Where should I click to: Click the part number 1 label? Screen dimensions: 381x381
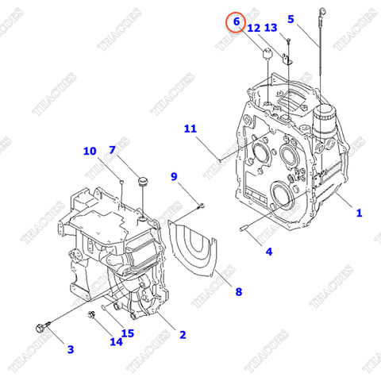(359, 212)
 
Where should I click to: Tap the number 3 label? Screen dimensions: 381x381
(69, 348)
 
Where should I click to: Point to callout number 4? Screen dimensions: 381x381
(268, 252)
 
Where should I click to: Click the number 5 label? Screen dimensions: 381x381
(291, 18)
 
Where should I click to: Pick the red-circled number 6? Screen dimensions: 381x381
(235, 23)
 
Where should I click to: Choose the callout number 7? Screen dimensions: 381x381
(112, 149)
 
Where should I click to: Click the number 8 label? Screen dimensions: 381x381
(237, 291)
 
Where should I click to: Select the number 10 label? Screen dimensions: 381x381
(89, 151)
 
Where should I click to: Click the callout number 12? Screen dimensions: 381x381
(253, 28)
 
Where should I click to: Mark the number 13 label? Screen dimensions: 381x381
(271, 28)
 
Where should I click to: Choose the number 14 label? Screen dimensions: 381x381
(117, 342)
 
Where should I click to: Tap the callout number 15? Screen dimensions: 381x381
(127, 333)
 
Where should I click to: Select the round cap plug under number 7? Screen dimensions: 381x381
(143, 183)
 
